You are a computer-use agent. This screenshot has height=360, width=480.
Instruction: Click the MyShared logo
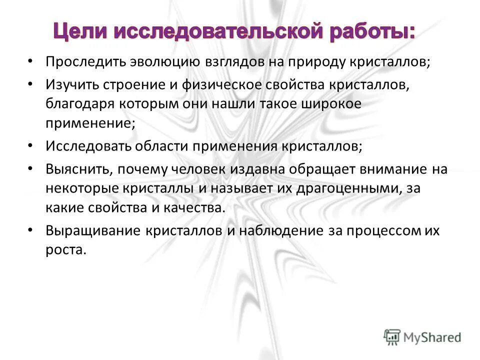423,336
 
